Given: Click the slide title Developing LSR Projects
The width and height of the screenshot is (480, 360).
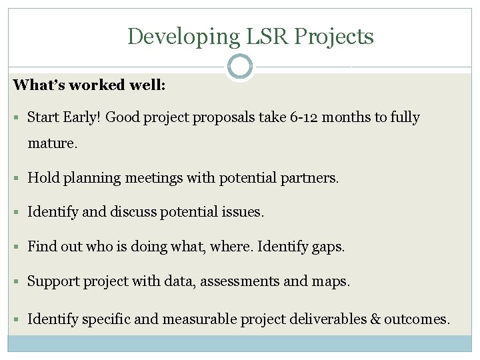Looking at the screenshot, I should coord(250,36).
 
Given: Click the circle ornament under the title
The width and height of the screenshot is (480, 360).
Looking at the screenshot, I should coord(240,67).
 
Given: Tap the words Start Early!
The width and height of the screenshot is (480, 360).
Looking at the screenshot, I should coord(64,118).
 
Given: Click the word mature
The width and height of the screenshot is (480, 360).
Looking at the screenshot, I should coord(52,143).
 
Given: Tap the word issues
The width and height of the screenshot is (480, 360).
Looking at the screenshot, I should coord(245,213).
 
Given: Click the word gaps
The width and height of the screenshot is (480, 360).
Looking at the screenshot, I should coord(329,247).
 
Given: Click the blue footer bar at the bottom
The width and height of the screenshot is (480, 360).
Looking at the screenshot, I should coord(240,343).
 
